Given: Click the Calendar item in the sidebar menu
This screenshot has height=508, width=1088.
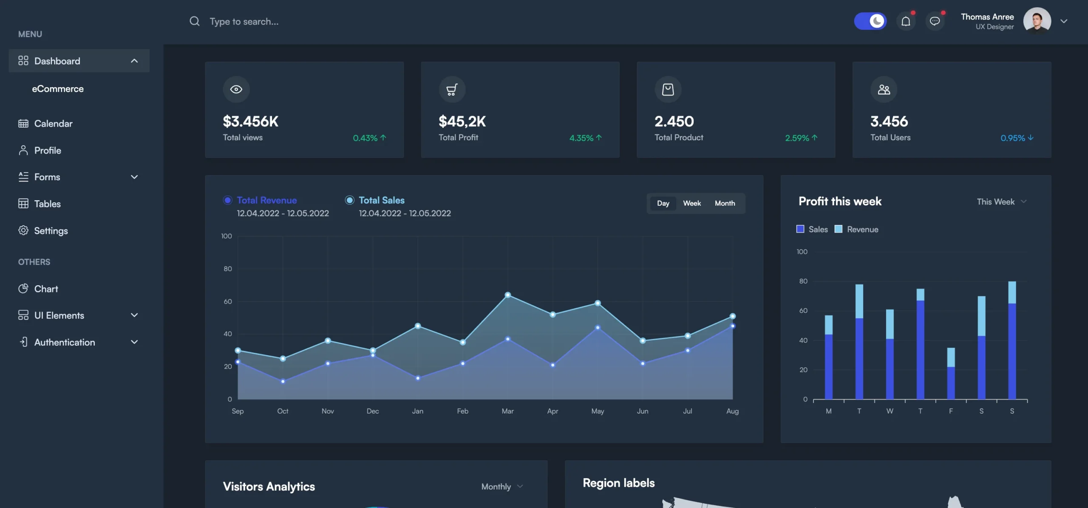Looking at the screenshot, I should coord(53,124).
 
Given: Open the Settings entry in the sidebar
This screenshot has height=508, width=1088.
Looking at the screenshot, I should coord(51,230).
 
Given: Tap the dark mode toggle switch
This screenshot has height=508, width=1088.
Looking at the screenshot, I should coord(870,21).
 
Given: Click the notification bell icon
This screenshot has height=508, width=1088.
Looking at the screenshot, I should coord(906,21).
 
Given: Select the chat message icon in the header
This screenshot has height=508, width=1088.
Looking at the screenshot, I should coord(935,21).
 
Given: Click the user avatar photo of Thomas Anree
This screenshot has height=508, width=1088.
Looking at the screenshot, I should coord(1037,20).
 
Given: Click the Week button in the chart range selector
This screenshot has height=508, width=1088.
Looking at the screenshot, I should coord(691,203).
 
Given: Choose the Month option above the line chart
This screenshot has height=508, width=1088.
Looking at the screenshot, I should coord(725,203).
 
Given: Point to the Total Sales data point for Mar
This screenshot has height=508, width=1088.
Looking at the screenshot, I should coord(507,295).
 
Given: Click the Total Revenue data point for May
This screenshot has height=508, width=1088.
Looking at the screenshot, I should coord(598,327).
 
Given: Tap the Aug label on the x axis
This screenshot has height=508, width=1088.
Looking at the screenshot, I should coord(732,411).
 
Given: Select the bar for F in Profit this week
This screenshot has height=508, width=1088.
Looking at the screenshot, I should coord(951,374).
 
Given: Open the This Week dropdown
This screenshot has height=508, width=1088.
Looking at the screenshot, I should coord(1001,202).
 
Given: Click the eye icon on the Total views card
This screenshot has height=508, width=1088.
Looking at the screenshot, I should coord(236,89).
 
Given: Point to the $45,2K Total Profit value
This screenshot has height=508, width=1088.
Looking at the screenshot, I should coord(462,122).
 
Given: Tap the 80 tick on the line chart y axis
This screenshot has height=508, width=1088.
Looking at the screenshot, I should coord(228,269).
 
